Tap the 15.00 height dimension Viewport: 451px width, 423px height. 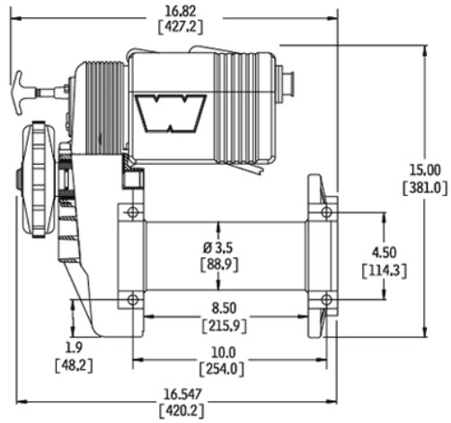pos(423,170)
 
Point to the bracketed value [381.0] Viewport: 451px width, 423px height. pos(423,187)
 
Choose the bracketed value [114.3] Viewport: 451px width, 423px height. pos(381,269)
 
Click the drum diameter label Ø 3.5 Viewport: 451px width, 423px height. pos(219,247)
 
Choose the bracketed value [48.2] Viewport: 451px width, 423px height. pos(75,364)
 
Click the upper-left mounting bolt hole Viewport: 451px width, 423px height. pos(133,212)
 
